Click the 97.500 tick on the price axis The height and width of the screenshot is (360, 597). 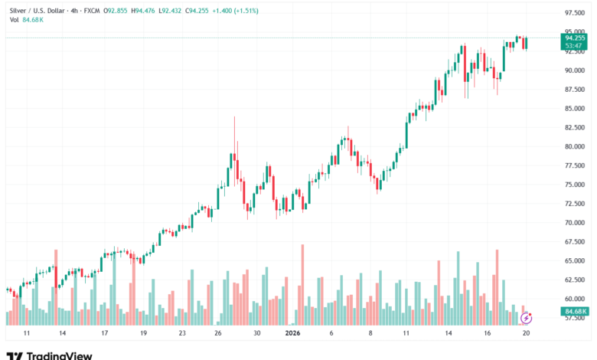click(x=575, y=13)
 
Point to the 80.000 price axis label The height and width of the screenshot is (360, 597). click(x=575, y=146)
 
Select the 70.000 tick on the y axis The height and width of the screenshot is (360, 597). click(x=575, y=223)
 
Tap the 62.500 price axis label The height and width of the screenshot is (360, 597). click(x=575, y=280)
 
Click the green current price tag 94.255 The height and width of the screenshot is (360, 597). click(x=575, y=37)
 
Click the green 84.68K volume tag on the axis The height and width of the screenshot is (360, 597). click(x=575, y=312)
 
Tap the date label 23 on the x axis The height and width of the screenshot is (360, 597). click(x=182, y=334)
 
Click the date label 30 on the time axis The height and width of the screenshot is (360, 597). click(x=257, y=334)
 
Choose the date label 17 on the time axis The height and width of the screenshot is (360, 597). click(x=105, y=334)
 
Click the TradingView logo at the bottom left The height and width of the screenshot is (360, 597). click(x=49, y=355)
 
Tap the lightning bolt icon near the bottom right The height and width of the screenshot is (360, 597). click(x=526, y=316)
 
